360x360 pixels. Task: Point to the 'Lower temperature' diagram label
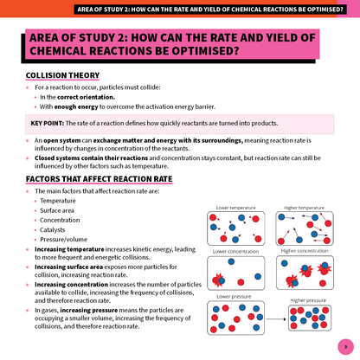pos(234,208)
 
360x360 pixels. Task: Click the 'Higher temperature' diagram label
pos(304,208)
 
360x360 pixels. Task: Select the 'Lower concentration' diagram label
pos(235,251)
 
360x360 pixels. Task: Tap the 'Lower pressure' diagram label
pos(233,296)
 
